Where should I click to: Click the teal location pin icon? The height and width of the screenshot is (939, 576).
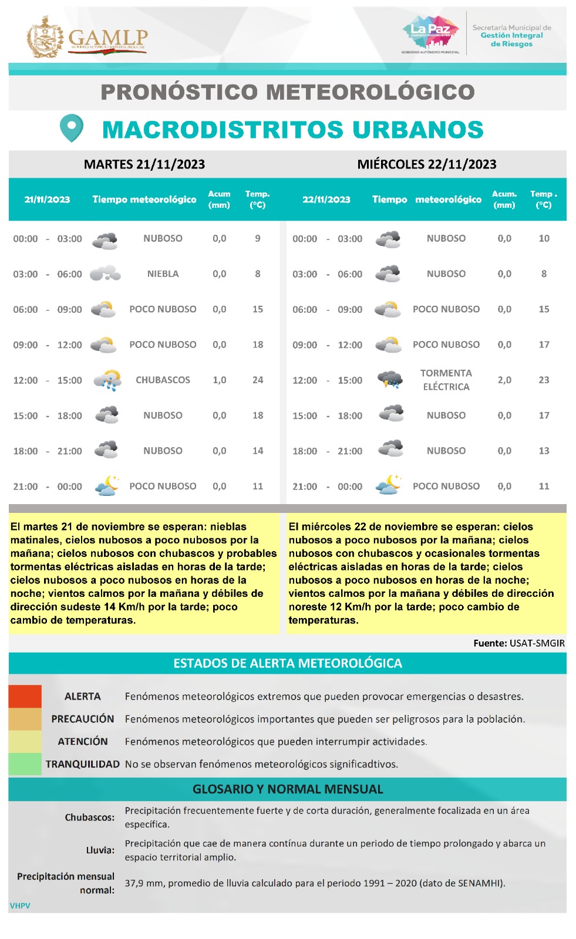point(71,127)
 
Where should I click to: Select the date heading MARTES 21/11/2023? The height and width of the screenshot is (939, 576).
point(144,164)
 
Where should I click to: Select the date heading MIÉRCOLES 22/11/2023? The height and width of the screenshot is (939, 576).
point(427,164)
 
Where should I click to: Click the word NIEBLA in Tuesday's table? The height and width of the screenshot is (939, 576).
point(163,274)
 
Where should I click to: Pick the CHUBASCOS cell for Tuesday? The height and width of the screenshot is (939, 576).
point(163,380)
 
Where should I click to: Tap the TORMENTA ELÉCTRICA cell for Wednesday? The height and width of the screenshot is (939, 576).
point(446,380)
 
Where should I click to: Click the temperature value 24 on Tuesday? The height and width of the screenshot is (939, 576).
point(258,380)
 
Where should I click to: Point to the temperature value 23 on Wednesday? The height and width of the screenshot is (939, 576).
point(544,380)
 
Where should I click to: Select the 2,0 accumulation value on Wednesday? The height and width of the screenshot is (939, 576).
point(504,380)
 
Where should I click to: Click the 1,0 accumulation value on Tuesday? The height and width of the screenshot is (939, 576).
point(219,380)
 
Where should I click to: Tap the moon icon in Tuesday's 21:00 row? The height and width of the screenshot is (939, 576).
point(106,486)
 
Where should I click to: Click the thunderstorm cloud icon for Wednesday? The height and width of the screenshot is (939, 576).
point(390,380)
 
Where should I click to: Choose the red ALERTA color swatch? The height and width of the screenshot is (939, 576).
point(25,697)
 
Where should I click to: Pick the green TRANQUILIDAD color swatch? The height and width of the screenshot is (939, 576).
point(25,764)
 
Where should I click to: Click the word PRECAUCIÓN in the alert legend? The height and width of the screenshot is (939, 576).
point(83,719)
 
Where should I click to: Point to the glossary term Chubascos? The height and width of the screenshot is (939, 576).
point(90,818)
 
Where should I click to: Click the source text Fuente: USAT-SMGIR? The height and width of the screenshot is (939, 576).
point(519,643)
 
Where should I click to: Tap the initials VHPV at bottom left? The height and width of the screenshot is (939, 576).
point(20,906)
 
